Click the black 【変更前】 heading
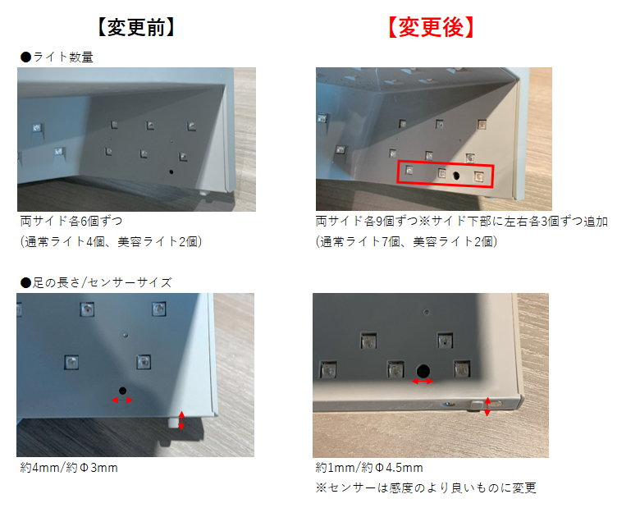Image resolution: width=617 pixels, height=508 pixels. [x=135, y=27]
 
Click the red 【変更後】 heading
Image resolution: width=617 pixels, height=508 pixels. [x=431, y=27]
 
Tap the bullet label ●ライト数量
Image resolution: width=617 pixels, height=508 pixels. [x=57, y=57]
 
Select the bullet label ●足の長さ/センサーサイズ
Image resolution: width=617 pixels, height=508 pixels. [x=96, y=282]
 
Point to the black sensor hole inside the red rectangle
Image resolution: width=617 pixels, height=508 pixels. [x=456, y=175]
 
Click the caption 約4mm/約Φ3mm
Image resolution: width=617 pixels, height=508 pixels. [x=69, y=468]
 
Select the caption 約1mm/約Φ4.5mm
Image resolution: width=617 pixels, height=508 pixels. [x=369, y=468]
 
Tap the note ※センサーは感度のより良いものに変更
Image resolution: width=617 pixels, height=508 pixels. [x=426, y=488]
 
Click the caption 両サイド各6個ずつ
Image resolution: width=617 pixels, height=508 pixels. [x=71, y=221]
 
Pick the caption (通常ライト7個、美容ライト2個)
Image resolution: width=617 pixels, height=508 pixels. [x=406, y=241]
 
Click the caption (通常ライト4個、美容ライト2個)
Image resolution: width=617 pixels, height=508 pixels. [x=111, y=241]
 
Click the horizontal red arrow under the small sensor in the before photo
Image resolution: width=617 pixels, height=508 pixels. [x=122, y=400]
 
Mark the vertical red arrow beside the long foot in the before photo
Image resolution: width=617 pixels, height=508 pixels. [x=181, y=420]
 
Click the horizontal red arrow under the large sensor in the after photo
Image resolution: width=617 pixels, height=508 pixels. [x=423, y=381]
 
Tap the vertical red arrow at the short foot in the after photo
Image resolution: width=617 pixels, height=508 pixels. [x=487, y=406]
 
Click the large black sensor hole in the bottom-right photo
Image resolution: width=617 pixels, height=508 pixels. [x=423, y=371]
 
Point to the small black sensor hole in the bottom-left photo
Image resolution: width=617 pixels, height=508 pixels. [x=122, y=391]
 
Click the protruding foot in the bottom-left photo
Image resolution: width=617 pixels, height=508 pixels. [x=172, y=422]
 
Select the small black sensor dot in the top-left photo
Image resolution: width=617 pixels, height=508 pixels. [x=171, y=172]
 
